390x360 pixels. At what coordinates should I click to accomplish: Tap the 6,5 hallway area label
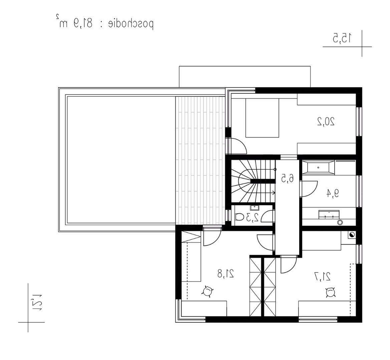pyautogui.click(x=287, y=178)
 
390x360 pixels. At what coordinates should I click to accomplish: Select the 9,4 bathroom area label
pyautogui.click(x=333, y=193)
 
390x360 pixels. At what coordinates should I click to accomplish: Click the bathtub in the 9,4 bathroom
pyautogui.click(x=318, y=167)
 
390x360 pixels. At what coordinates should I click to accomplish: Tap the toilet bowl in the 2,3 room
pyautogui.click(x=240, y=217)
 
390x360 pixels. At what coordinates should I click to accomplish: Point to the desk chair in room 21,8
pyautogui.click(x=207, y=291)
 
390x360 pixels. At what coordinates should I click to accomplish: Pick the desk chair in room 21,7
pyautogui.click(x=330, y=292)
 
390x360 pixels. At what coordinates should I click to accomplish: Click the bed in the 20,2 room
pyautogui.click(x=262, y=118)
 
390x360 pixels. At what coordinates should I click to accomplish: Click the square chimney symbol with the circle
pyautogui.click(x=352, y=235)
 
